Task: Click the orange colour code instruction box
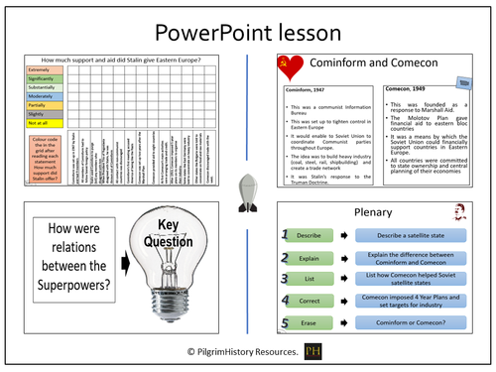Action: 44,160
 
